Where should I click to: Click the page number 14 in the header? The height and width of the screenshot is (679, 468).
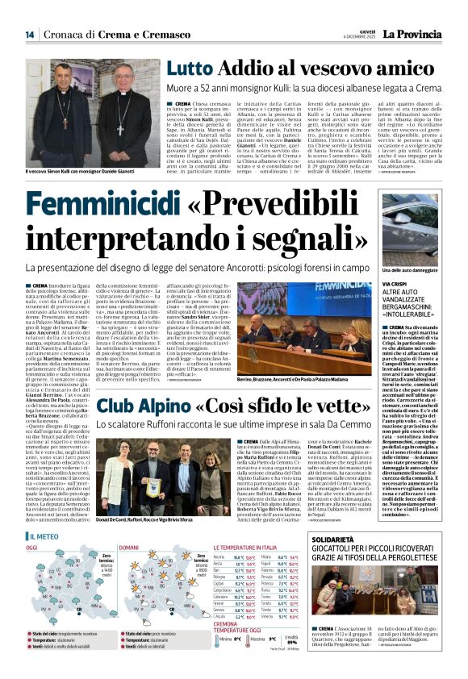coord(29,34)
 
